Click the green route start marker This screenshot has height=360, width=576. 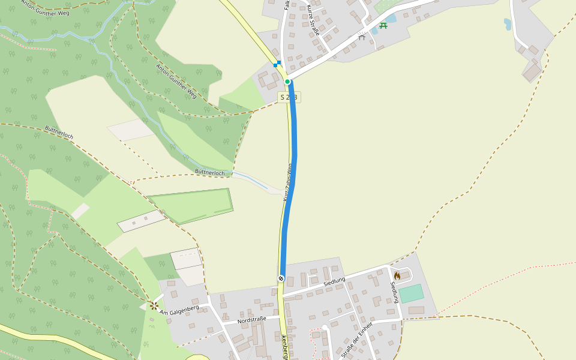287,82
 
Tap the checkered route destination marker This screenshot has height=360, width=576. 281,278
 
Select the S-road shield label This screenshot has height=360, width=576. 289,97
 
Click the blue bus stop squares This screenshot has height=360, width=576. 277,64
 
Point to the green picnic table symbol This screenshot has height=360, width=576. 383,25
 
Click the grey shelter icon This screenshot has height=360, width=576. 361,37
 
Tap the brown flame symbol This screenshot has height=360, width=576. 397,275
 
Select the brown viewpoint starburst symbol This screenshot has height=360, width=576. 154,305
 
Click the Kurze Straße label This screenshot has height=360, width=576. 314,21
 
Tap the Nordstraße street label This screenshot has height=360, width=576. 252,321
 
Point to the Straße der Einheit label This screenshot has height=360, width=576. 356,340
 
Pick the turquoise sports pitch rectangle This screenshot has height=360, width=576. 411,294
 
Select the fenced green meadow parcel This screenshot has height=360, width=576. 191,205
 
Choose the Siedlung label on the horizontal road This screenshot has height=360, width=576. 335,281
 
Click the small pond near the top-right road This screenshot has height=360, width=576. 508,25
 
